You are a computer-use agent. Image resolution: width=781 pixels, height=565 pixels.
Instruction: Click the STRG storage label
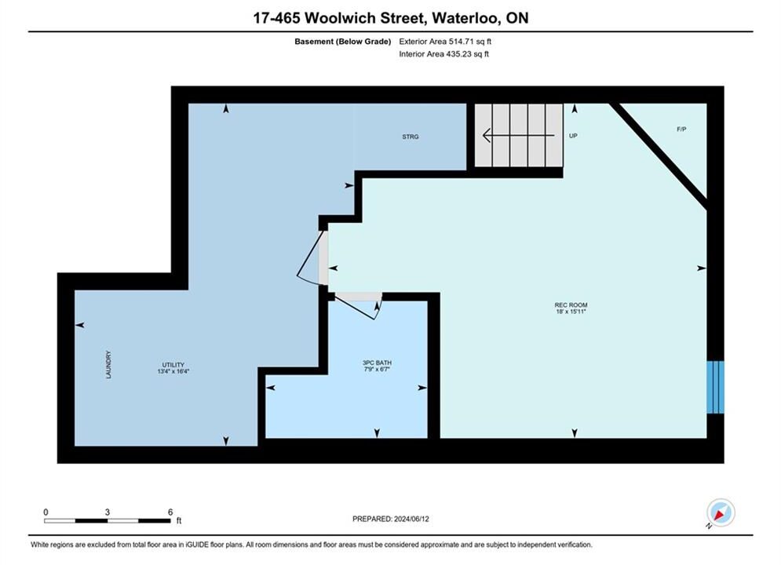pos(411,137)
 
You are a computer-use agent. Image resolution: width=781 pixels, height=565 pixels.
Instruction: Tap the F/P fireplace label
pos(681,129)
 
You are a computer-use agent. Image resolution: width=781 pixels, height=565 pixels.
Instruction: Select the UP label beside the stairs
pos(573,136)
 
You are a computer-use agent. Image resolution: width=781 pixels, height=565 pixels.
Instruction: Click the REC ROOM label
pos(571,304)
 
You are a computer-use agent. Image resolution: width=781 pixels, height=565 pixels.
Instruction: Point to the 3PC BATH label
pos(377,363)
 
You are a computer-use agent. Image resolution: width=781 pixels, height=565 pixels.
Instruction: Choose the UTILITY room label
pos(173,364)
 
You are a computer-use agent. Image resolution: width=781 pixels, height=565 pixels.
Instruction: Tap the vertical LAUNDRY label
pos(108,364)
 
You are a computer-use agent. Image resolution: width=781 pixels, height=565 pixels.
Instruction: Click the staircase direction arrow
pos(518,135)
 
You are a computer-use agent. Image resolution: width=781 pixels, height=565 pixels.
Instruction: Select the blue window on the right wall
pos(715,387)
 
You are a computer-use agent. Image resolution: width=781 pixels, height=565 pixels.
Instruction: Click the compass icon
pos(721,512)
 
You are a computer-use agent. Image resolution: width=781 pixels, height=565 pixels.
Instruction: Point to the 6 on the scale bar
pos(170,512)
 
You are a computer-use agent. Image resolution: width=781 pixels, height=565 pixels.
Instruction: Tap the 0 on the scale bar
pos(46,512)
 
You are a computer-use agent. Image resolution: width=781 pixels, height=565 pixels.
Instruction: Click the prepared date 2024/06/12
pos(411,519)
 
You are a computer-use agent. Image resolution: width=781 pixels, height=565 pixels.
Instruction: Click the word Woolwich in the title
pos(340,18)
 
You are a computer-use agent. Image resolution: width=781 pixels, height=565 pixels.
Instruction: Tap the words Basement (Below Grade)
pos(343,42)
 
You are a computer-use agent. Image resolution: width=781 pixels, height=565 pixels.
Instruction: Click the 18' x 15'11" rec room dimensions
pos(571,311)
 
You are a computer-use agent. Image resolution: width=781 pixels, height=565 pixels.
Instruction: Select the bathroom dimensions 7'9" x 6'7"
pos(377,370)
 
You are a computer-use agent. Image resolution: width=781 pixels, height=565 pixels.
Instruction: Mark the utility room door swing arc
pos(307,280)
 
